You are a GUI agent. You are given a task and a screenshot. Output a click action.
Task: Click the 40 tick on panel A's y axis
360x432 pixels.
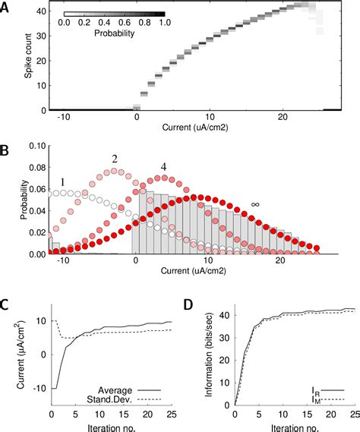(x=37, y=10)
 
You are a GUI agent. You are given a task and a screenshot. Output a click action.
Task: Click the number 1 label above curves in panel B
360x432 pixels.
(x=64, y=183)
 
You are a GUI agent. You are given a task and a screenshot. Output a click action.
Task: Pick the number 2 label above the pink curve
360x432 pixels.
(x=115, y=159)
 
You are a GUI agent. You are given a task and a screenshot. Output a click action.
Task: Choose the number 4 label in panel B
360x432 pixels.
(x=163, y=166)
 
